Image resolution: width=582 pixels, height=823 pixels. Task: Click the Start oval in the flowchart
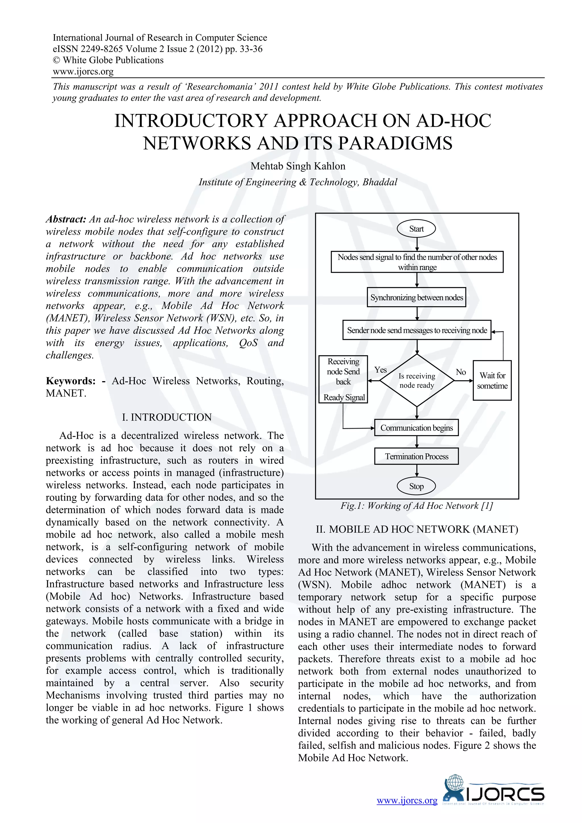click(416, 229)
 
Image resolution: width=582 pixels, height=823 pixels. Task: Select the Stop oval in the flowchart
click(416, 487)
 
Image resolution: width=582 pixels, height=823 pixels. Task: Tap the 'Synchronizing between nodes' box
click(416, 298)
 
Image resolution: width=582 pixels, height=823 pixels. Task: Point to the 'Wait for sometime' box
click(492, 380)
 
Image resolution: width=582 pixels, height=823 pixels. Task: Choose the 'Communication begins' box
click(416, 428)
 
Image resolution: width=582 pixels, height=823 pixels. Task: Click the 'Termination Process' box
click(416, 456)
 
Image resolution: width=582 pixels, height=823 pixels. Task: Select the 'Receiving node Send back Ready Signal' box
click(343, 379)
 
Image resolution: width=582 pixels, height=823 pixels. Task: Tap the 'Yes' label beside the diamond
click(381, 369)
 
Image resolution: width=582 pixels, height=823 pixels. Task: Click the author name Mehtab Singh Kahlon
click(298, 166)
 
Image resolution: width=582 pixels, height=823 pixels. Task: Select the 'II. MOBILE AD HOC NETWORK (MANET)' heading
click(417, 529)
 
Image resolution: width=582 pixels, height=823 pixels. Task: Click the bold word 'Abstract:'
click(66, 219)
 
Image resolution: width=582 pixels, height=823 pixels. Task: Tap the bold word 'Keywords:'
click(70, 381)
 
